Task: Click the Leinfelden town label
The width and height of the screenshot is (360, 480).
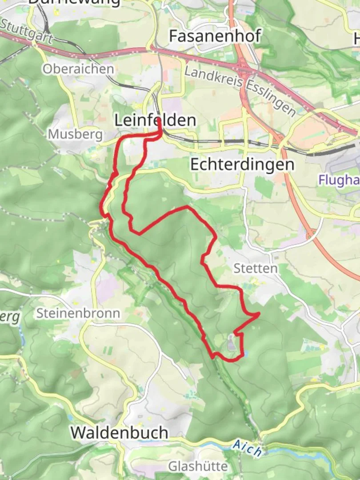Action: click(x=155, y=120)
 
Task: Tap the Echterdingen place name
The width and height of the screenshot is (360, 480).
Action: click(x=242, y=164)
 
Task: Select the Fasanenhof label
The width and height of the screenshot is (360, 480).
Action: click(x=214, y=36)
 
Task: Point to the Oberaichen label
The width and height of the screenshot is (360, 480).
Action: click(x=78, y=69)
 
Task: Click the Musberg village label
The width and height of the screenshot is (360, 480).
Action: click(x=75, y=134)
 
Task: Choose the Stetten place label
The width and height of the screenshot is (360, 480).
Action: click(x=256, y=268)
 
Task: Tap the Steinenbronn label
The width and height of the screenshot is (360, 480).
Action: click(x=78, y=313)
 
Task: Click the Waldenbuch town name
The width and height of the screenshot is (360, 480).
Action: click(x=120, y=432)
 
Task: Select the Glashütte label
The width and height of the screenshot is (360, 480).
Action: click(x=198, y=466)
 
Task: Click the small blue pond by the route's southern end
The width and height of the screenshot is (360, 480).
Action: click(x=246, y=354)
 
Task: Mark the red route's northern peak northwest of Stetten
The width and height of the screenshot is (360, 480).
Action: click(x=187, y=207)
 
